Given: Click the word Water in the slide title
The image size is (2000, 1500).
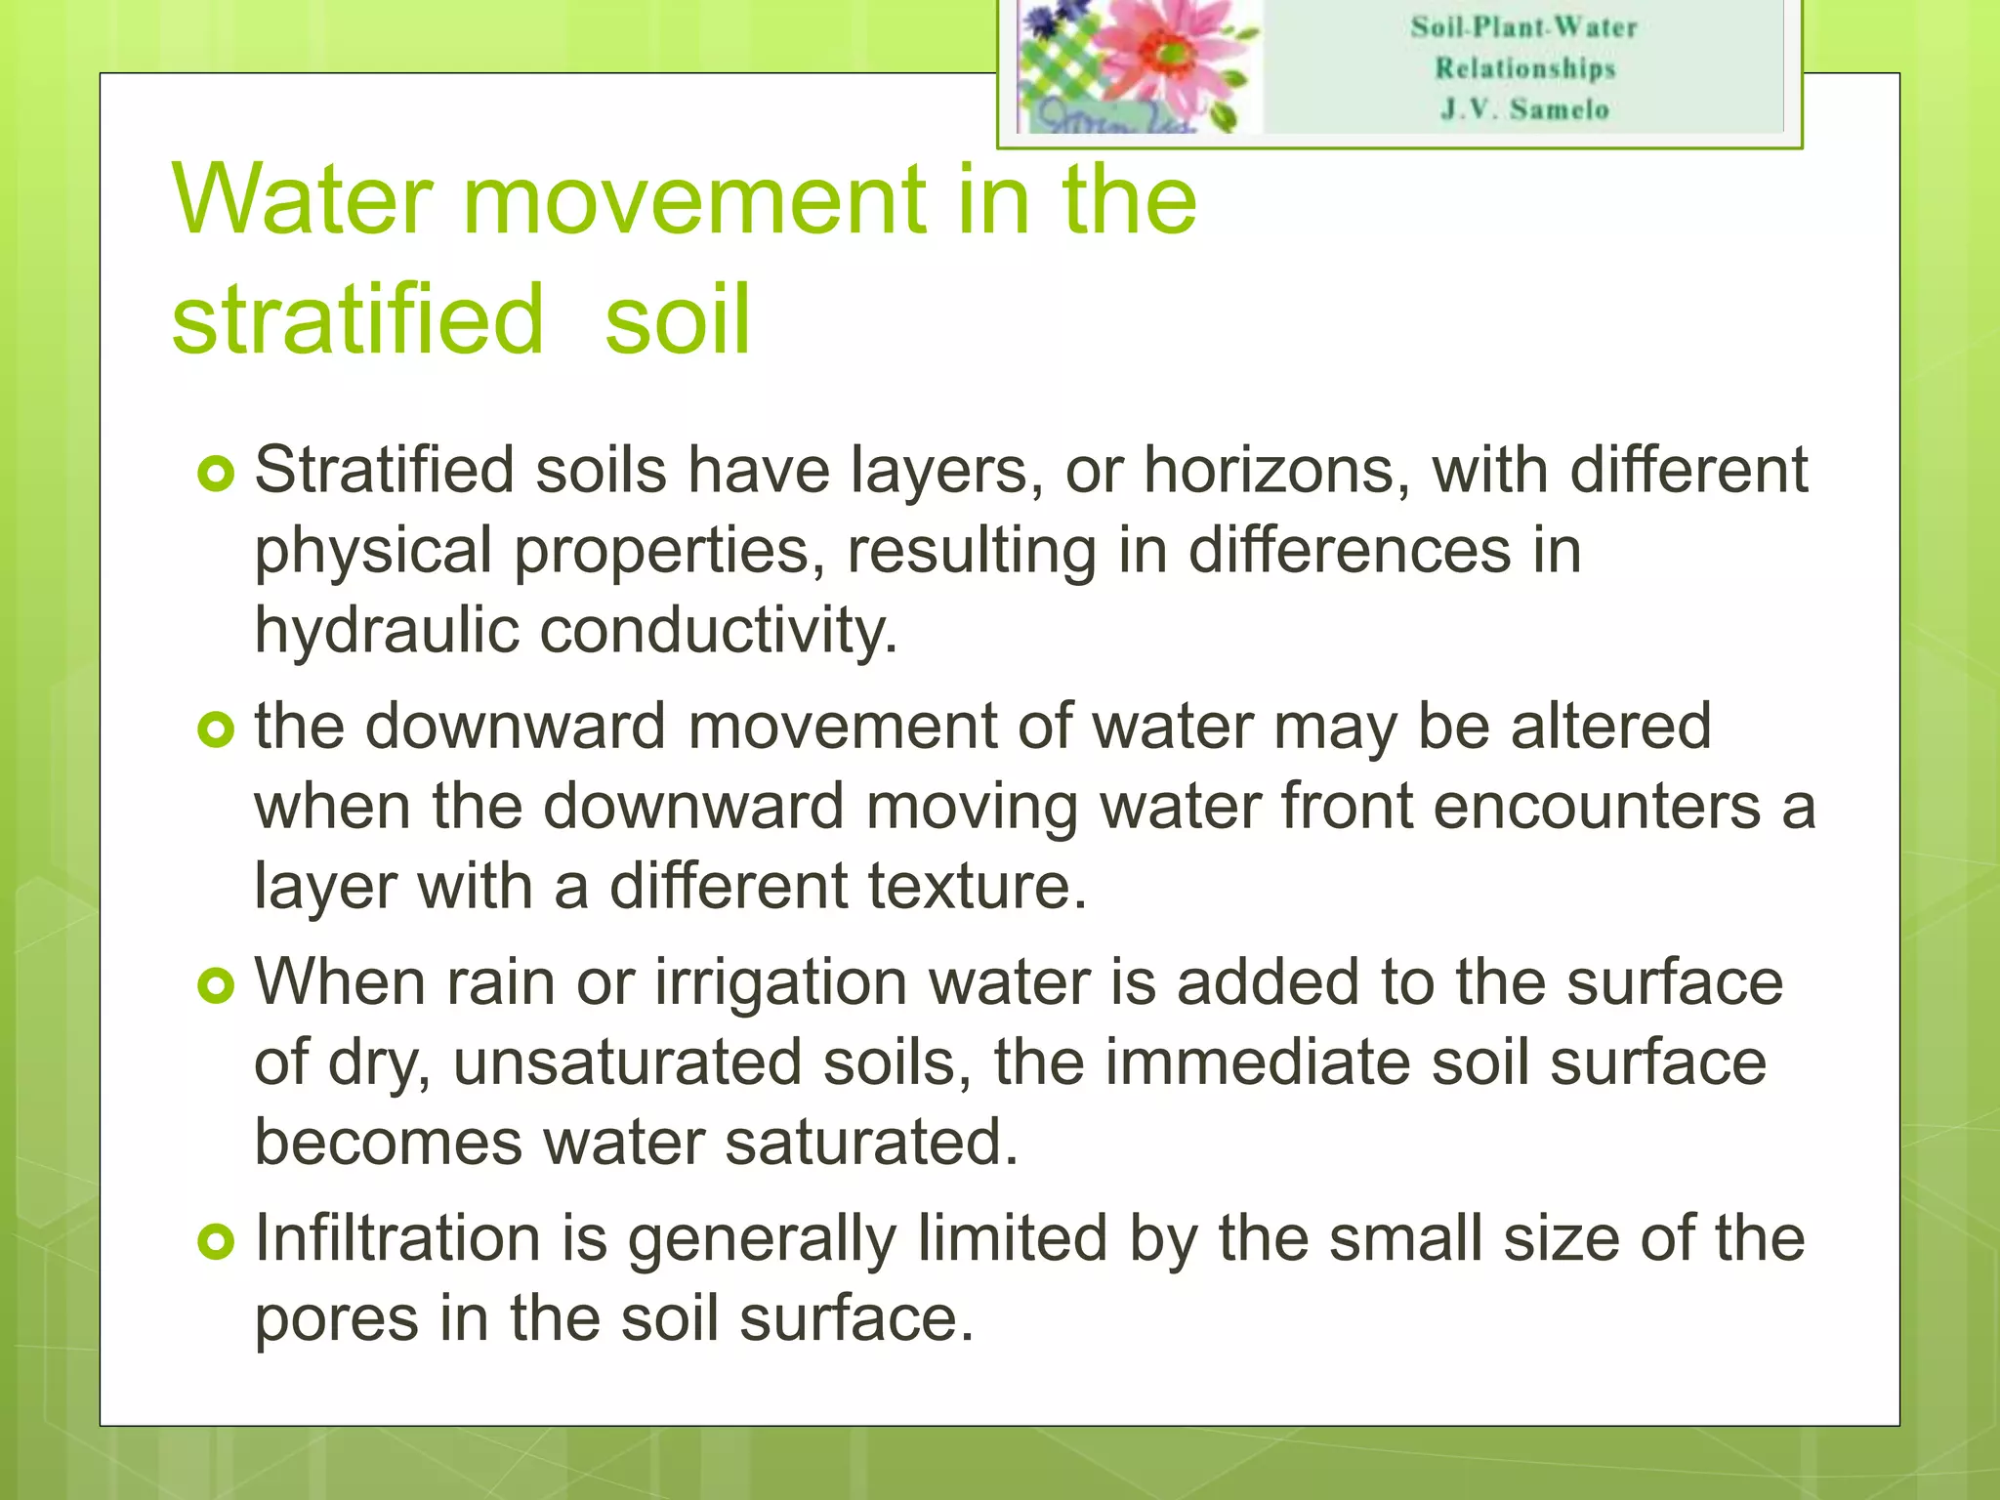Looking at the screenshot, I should (302, 199).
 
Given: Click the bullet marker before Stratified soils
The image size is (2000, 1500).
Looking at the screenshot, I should (216, 475).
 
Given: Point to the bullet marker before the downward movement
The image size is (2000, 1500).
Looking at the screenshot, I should (216, 729).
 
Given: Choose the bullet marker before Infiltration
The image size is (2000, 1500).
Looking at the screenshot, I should (216, 1242).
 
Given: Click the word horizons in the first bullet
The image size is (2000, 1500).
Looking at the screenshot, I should (1276, 471).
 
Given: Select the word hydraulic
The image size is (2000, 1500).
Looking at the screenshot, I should (386, 631).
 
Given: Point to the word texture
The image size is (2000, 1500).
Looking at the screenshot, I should (977, 887).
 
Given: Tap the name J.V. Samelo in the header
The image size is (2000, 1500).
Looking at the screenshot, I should (1524, 109).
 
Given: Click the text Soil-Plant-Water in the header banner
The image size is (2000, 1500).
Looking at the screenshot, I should (1523, 27).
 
